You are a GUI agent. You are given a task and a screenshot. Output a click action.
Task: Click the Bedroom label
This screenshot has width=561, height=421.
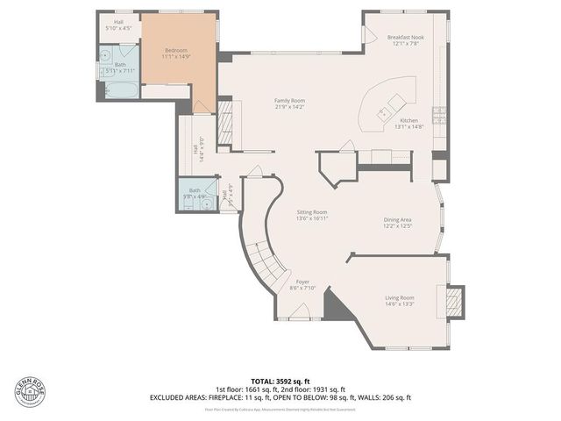tap(176, 51)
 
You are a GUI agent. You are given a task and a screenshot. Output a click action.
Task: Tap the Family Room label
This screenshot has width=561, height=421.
tap(289, 101)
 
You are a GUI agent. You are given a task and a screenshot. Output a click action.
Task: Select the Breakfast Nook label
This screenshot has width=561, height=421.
tap(405, 37)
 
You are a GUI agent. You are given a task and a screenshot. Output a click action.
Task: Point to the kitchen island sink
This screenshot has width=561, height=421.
tap(383, 113)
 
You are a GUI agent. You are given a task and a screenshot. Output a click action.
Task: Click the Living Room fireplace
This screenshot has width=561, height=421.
tap(454, 301)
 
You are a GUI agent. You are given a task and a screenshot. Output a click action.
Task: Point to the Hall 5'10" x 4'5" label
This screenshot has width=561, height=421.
tap(117, 25)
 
